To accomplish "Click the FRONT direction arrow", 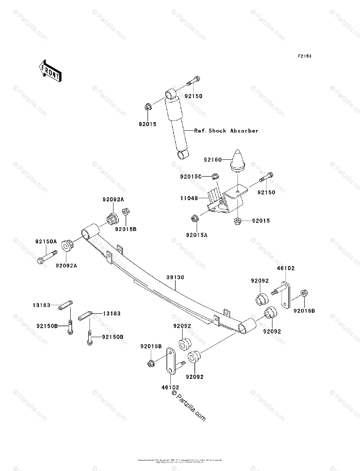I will click(49, 71).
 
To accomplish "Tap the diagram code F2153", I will click(304, 57).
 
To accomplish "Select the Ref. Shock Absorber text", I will click(227, 131).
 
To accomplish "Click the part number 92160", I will click(212, 160).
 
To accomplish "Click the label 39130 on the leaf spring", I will click(175, 277).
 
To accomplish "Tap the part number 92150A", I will click(46, 242).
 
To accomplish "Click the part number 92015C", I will click(190, 177).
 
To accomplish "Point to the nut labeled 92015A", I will click(194, 218).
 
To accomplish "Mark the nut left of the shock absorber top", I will click(148, 106).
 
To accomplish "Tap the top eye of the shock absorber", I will click(170, 94).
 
